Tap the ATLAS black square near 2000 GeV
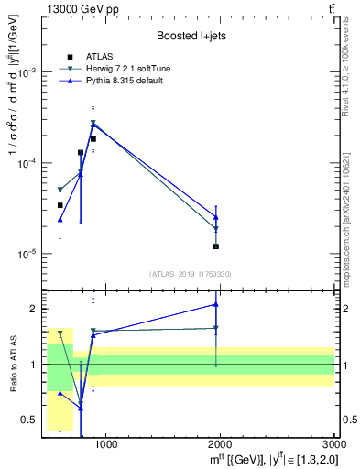216,246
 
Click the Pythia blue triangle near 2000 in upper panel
216,217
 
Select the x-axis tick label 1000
105,445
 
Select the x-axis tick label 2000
220,445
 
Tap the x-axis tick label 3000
333,445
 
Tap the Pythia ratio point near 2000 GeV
216,304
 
